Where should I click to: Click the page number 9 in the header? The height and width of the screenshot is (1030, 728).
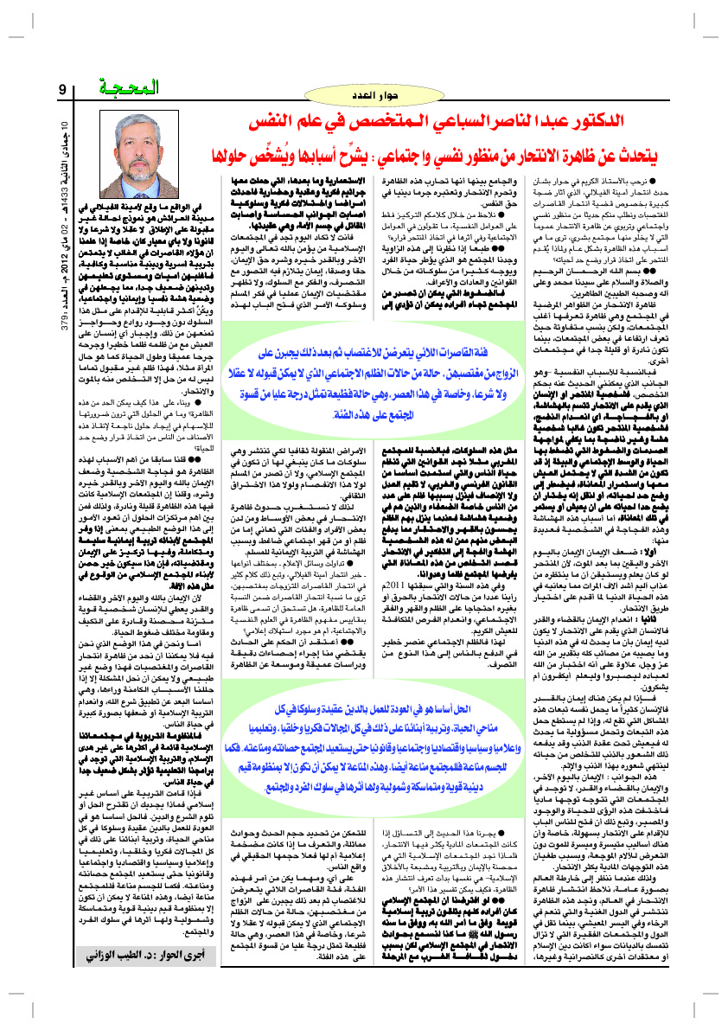tap(63, 90)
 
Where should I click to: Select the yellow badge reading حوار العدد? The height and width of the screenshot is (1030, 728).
tap(402, 93)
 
